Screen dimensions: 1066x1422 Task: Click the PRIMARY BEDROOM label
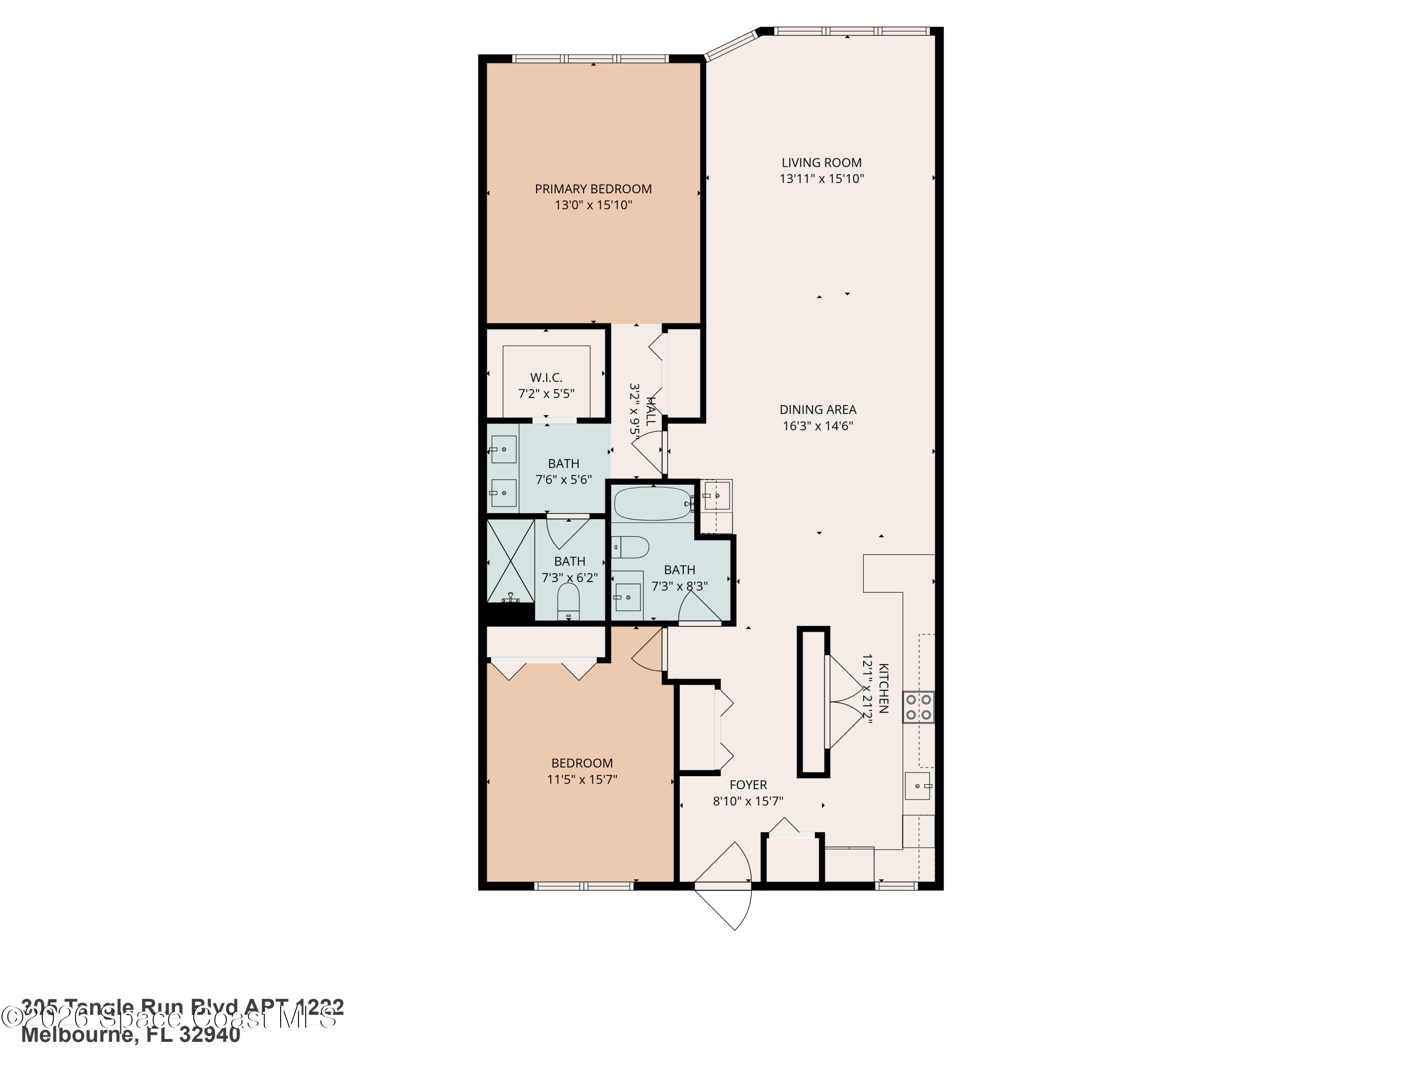click(x=592, y=189)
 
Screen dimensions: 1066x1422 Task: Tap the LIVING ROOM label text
click(x=821, y=163)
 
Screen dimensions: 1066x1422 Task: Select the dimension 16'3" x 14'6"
click(x=818, y=425)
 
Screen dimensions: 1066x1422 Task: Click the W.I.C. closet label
click(x=546, y=378)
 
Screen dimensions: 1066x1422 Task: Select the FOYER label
click(x=747, y=785)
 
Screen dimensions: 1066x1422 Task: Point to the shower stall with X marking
click(x=510, y=560)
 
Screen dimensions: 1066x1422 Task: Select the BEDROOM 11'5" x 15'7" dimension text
click(x=582, y=779)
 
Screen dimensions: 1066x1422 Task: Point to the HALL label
click(x=651, y=411)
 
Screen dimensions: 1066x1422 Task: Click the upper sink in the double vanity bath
click(x=503, y=449)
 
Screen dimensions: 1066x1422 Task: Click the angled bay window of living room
click(x=731, y=45)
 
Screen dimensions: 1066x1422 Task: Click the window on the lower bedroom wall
click(x=583, y=886)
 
